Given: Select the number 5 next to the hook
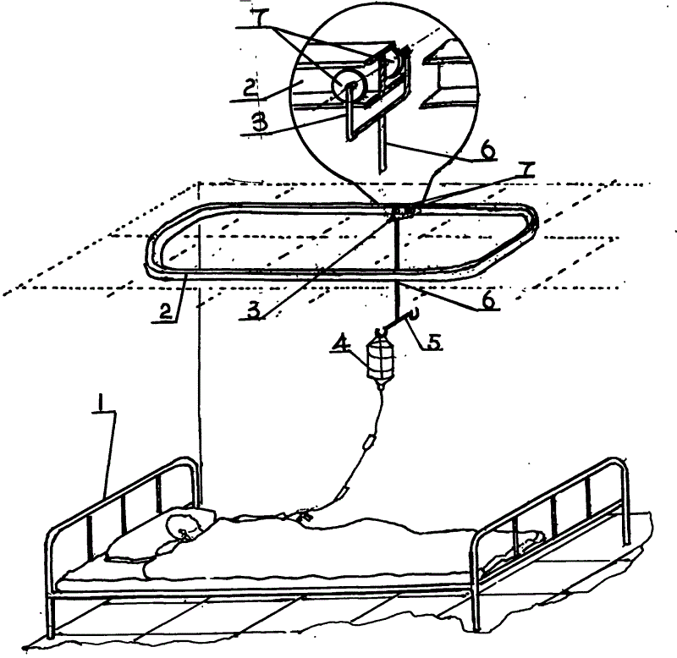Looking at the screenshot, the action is (433, 342).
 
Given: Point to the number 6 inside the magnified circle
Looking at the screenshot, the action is (487, 151).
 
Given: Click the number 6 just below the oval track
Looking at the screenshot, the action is (488, 301).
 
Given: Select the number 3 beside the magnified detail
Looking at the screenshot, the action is (260, 123).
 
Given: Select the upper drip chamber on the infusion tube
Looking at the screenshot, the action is (370, 443).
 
